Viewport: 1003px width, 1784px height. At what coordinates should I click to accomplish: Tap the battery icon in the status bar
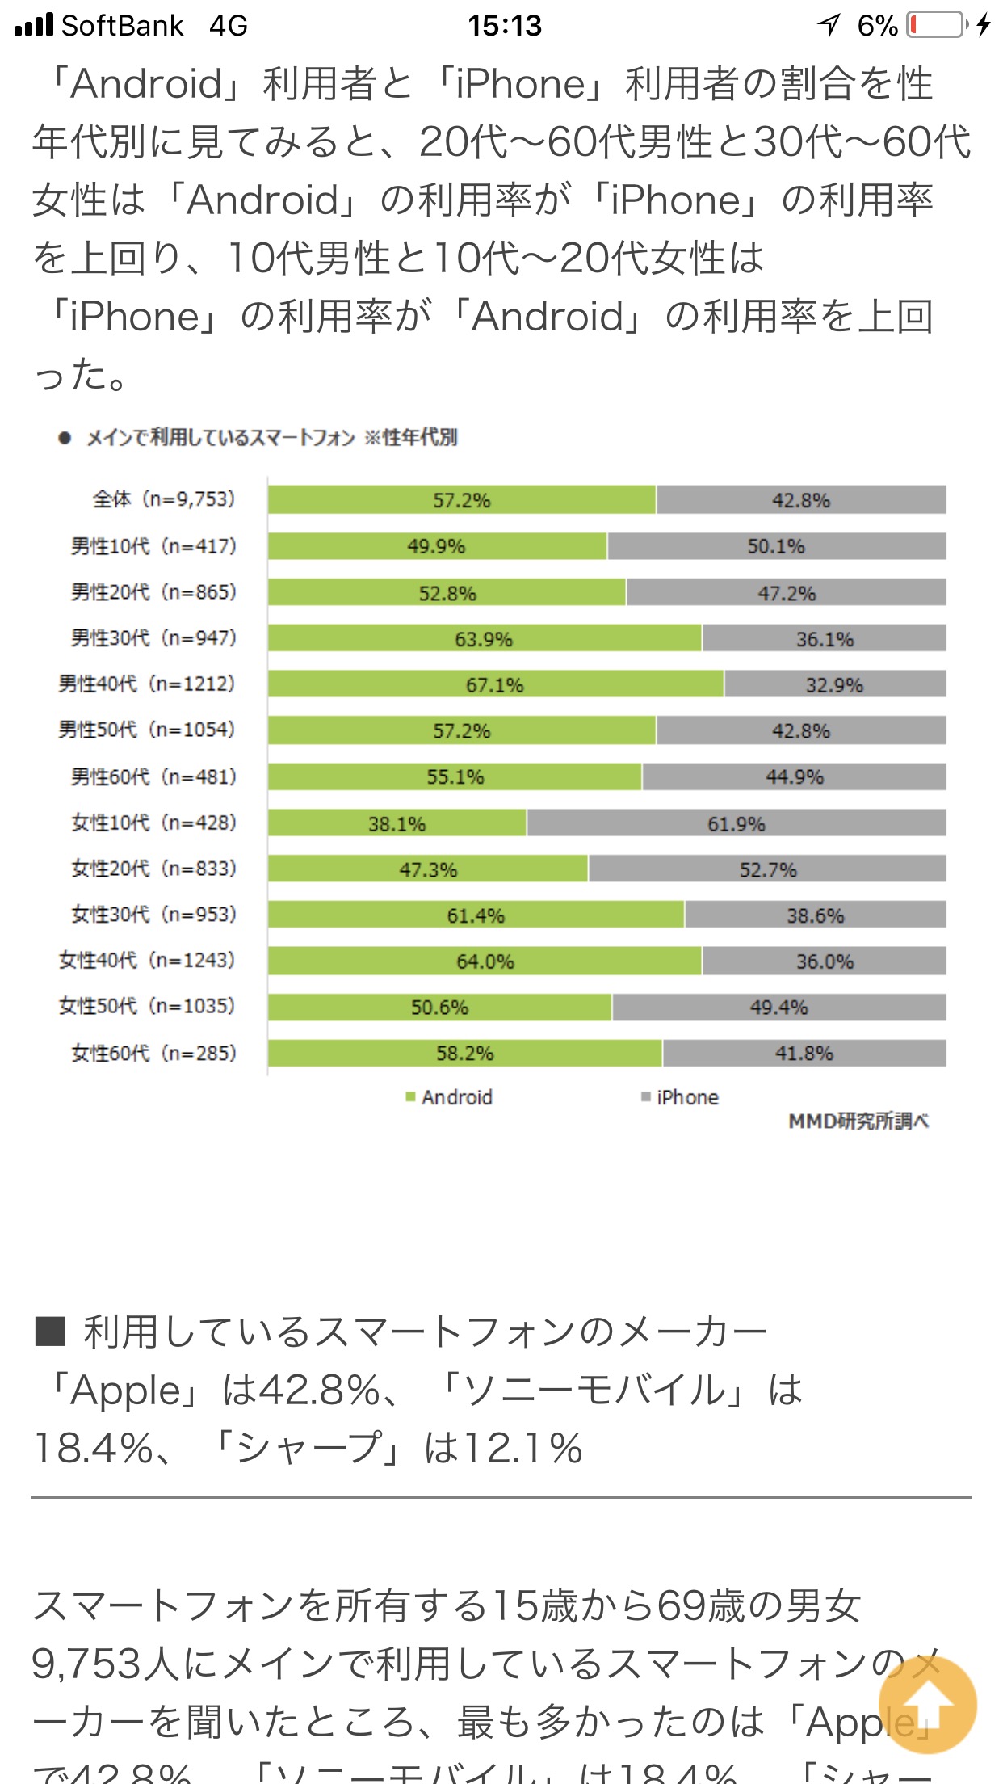pos(937,25)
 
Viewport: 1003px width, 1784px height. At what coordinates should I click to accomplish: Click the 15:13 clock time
pos(505,26)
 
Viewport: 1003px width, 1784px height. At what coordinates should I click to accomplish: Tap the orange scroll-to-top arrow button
pos(927,1705)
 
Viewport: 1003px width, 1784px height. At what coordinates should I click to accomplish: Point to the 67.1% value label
pos(494,685)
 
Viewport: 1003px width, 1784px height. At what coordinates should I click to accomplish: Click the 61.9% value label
pos(736,824)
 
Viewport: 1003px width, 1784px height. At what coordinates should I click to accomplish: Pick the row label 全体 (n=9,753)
pos(164,499)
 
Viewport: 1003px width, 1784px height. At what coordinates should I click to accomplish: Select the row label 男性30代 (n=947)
pos(153,638)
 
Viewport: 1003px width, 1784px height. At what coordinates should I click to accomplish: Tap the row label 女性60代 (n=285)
pos(153,1053)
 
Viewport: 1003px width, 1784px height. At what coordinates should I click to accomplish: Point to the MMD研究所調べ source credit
pos(858,1121)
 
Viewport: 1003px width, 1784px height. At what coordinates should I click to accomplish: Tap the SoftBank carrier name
pos(123,26)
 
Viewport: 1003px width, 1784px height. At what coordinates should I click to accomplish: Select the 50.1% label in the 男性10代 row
pos(775,546)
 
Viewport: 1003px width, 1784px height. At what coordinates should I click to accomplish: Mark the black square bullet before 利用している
pos(49,1332)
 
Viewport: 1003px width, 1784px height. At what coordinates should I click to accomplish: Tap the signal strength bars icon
pos(34,26)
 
